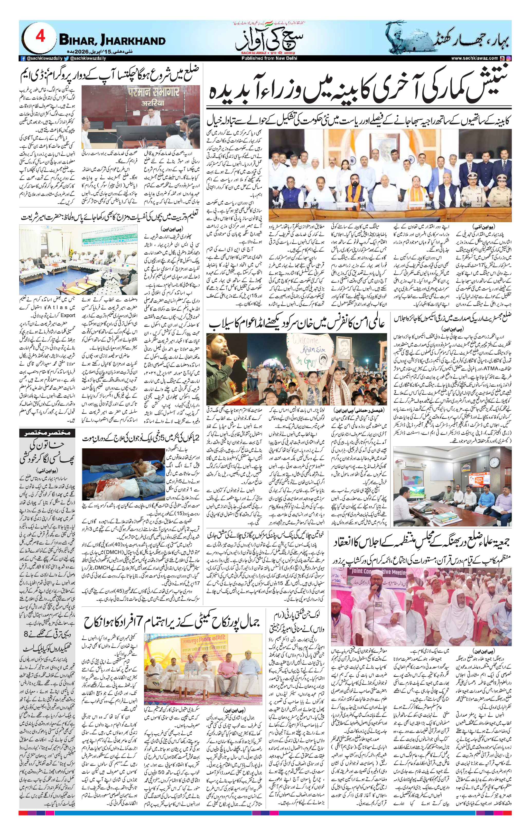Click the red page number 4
[40, 36]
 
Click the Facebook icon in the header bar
[23, 59]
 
